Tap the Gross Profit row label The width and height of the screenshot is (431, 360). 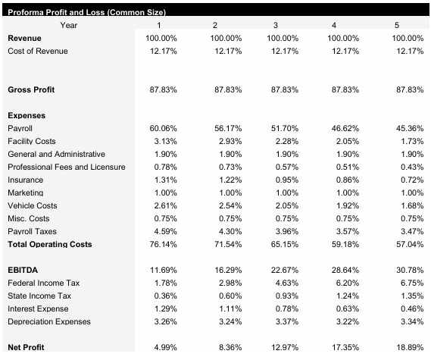tap(31, 89)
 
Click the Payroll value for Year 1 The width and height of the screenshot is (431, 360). tap(163, 128)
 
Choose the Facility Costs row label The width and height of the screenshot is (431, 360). tap(32, 141)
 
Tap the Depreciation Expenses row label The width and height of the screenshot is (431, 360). tap(49, 321)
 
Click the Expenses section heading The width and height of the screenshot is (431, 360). tap(27, 115)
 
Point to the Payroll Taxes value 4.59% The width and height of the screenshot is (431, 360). tap(164, 231)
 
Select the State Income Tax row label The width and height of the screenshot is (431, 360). tap(39, 296)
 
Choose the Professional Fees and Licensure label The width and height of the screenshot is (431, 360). tap(66, 167)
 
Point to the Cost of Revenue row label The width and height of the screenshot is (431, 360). tap(37, 51)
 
